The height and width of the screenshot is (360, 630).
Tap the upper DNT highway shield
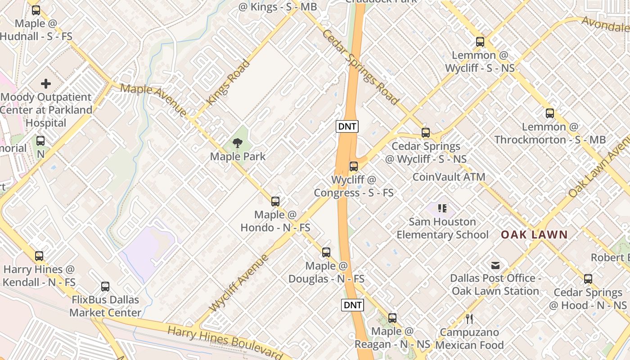tap(347, 126)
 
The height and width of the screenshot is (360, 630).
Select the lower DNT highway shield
tap(352, 305)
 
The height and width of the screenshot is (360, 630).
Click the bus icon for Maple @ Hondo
tap(275, 202)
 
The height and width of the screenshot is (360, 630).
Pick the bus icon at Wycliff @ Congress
tap(354, 166)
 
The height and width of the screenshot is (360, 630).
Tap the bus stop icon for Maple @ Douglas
tap(326, 252)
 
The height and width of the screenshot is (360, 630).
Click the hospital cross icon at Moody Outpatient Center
tap(46, 84)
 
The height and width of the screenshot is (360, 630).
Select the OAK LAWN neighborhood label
tap(534, 234)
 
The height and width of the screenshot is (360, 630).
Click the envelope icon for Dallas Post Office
tap(495, 265)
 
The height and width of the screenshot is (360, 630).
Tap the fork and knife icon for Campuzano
tap(469, 319)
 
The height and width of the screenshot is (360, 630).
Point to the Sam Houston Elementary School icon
tap(442, 208)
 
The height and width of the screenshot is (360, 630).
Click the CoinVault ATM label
tap(449, 177)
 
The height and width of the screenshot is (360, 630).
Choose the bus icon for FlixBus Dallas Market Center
tap(105, 286)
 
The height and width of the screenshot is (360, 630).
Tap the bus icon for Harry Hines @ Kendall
tap(39, 256)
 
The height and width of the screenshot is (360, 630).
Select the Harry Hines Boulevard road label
tap(225, 342)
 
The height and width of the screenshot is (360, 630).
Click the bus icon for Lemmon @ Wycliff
tap(480, 42)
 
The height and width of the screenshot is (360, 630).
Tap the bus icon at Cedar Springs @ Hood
tap(588, 279)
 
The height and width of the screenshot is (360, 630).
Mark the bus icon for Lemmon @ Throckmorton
tap(550, 113)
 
